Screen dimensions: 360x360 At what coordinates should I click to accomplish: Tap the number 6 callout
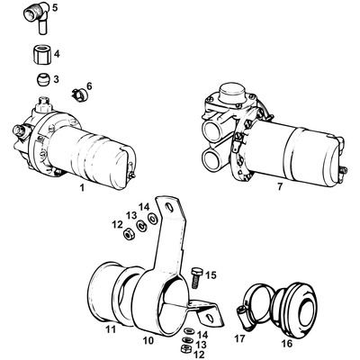pos(88,86)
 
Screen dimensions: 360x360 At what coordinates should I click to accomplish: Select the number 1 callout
pos(81,189)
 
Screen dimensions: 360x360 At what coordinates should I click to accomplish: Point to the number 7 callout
pos(256,189)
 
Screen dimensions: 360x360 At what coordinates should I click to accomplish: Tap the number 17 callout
pos(238,340)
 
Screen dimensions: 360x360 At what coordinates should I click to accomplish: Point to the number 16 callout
pos(286,343)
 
